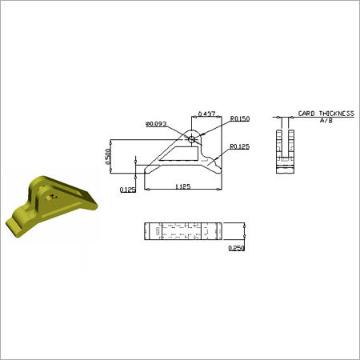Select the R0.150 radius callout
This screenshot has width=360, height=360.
point(241,118)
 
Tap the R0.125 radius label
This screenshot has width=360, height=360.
point(241,147)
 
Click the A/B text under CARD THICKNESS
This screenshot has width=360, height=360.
point(325,122)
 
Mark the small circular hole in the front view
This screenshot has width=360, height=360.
point(192,138)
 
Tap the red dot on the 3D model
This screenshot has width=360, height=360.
point(52,192)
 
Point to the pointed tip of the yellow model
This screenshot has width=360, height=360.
point(94,203)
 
